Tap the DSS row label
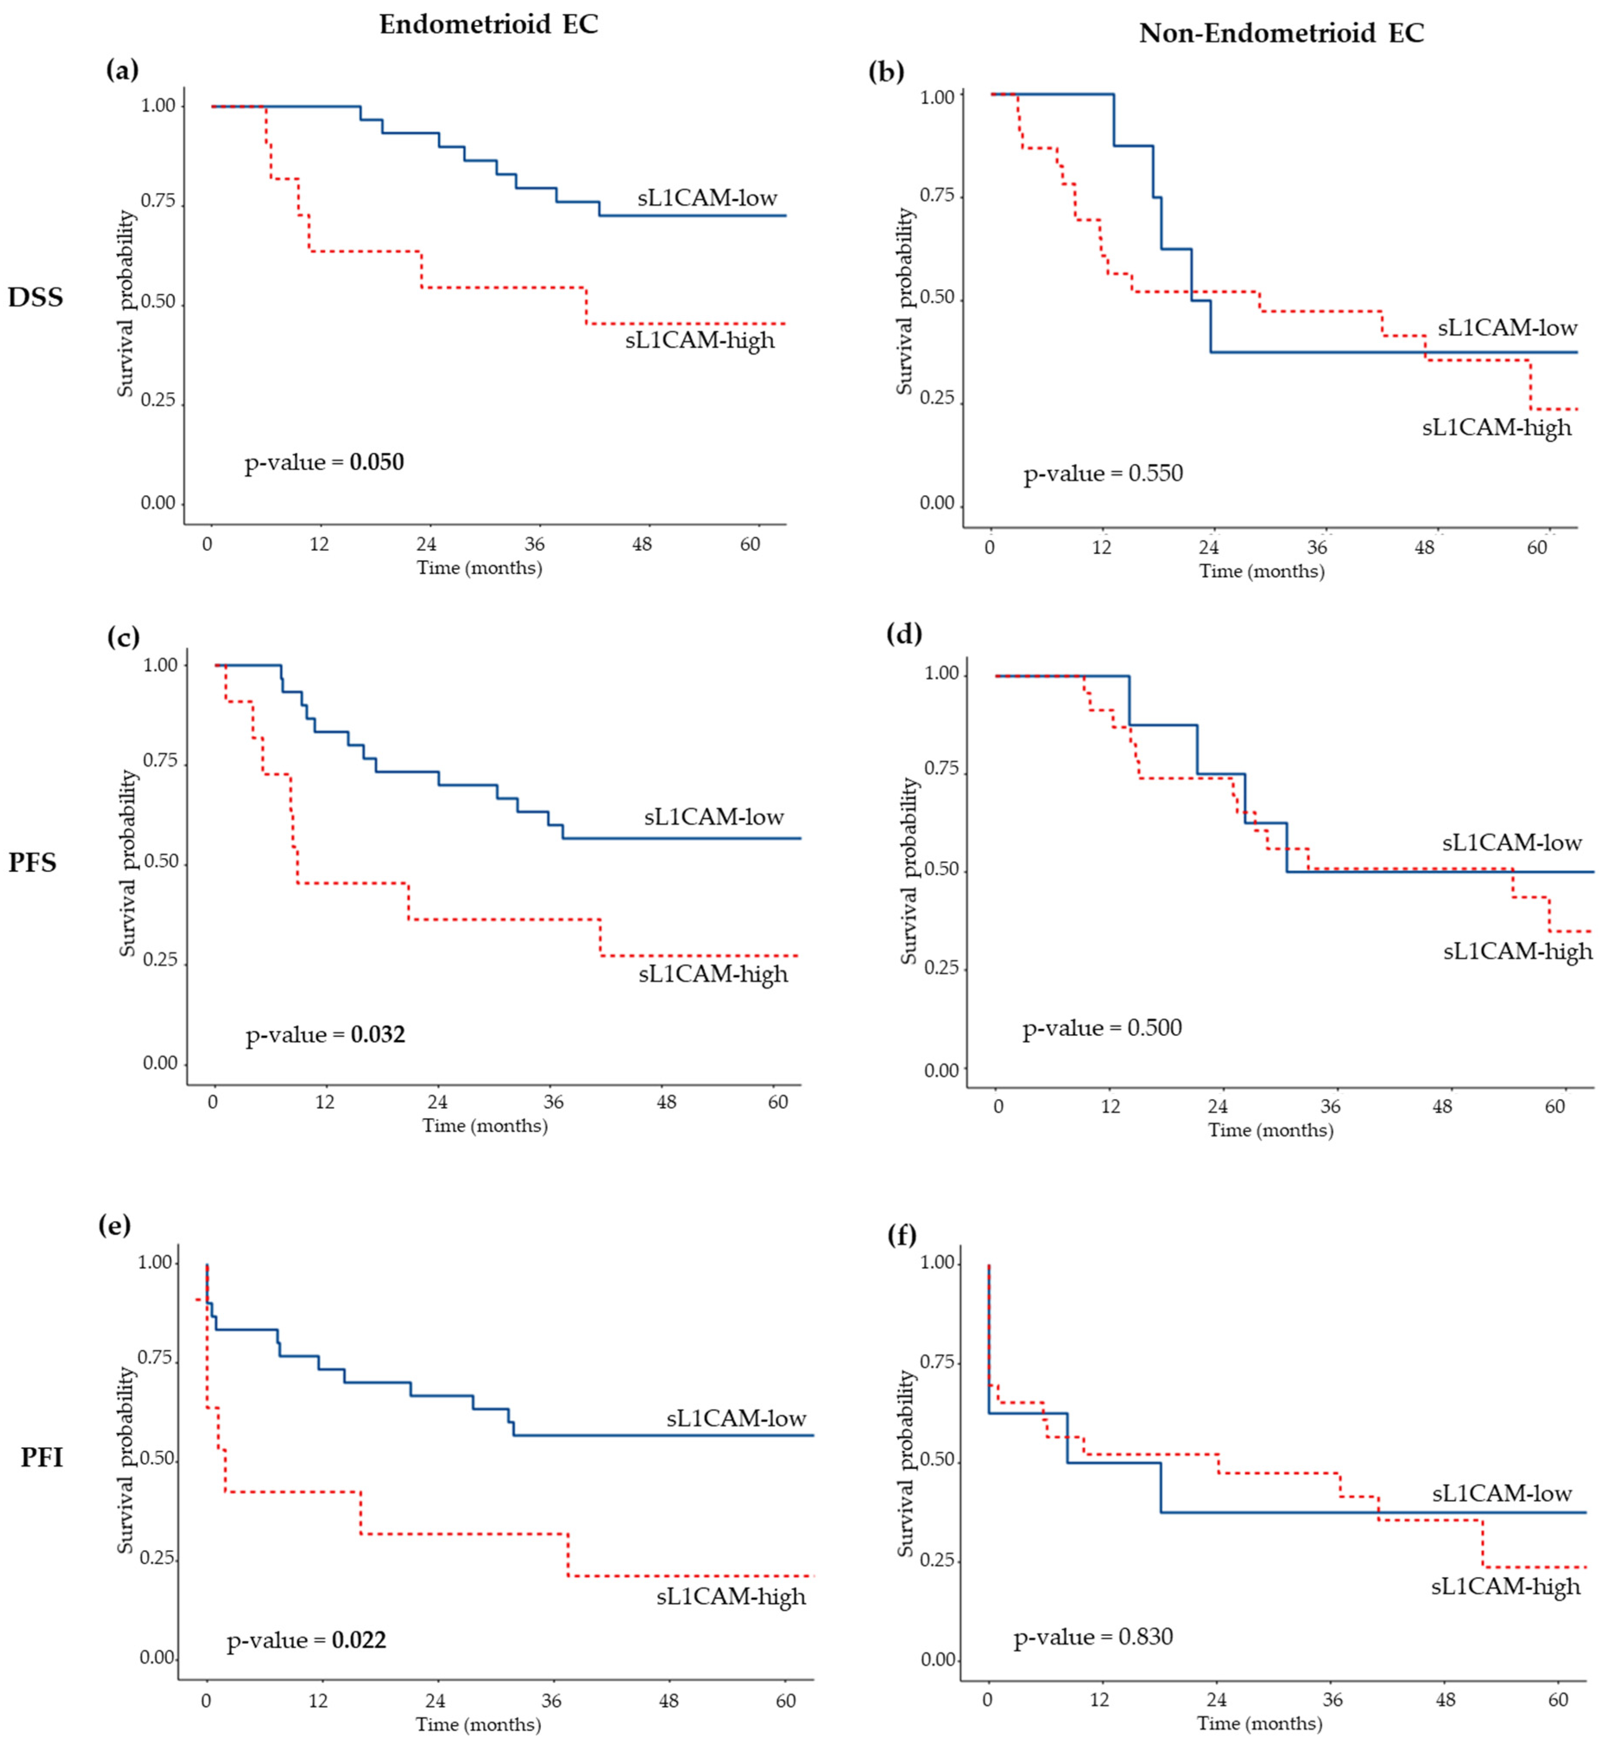coord(36,297)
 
